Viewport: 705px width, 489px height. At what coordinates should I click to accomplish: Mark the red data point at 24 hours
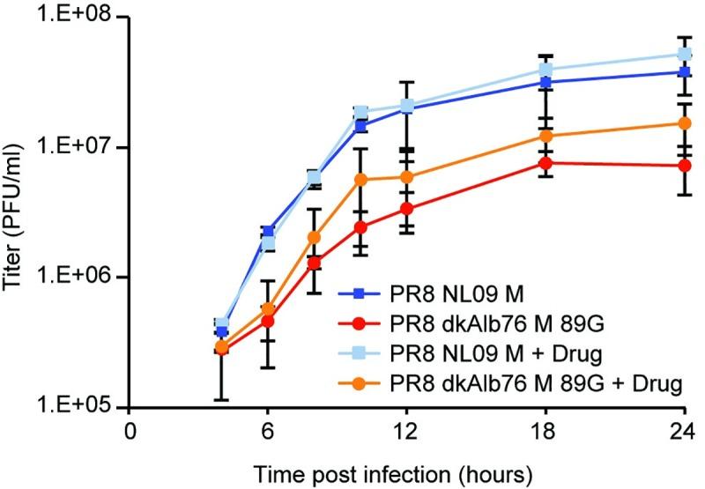click(x=684, y=166)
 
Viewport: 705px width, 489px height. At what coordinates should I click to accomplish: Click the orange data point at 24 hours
click(x=684, y=122)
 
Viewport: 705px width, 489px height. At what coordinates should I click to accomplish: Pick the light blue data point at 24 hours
click(x=684, y=54)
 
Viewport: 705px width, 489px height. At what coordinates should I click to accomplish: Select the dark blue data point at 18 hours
click(x=545, y=82)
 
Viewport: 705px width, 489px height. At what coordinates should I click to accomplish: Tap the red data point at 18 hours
click(x=545, y=162)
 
